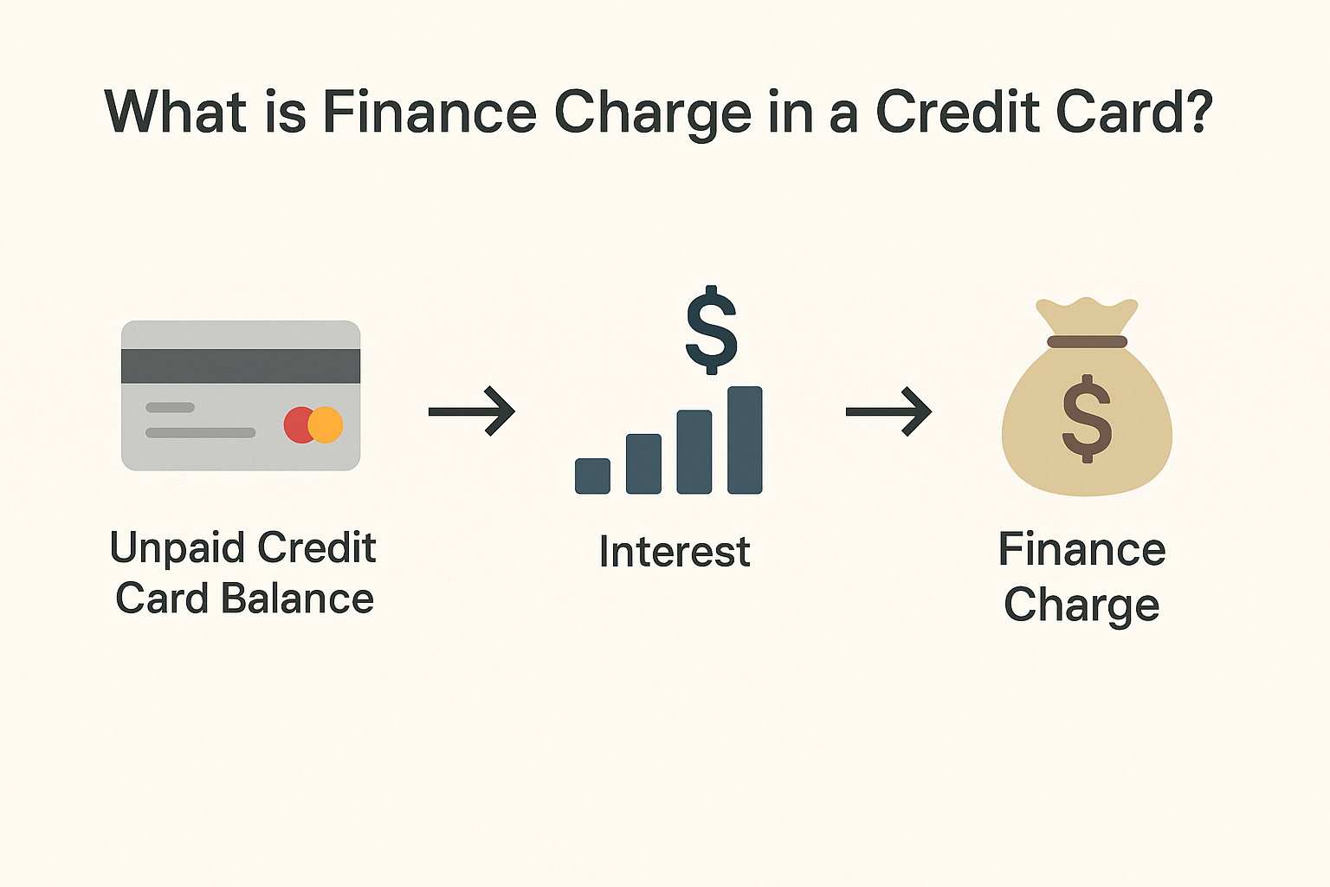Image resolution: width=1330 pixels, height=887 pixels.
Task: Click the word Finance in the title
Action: pyautogui.click(x=429, y=112)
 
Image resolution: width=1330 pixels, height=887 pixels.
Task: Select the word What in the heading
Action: pyautogui.click(x=175, y=112)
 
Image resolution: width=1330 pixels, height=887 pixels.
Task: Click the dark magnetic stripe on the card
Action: pyautogui.click(x=241, y=366)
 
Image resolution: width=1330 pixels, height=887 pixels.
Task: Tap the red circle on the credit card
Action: pyautogui.click(x=297, y=424)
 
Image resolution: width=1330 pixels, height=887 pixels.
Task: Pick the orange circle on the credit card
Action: pyautogui.click(x=326, y=424)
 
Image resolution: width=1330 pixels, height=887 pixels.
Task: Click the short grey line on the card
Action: pyautogui.click(x=170, y=408)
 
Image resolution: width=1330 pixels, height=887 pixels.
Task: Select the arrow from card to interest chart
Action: pyautogui.click(x=471, y=411)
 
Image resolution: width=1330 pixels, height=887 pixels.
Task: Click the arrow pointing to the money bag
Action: pyautogui.click(x=888, y=411)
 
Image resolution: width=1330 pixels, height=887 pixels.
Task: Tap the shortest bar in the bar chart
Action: pyautogui.click(x=592, y=476)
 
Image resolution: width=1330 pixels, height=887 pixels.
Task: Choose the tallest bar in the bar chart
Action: pyautogui.click(x=745, y=440)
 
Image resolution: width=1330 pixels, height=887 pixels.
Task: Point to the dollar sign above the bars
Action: pyautogui.click(x=711, y=330)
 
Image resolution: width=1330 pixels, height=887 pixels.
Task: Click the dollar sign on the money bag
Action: pyautogui.click(x=1087, y=419)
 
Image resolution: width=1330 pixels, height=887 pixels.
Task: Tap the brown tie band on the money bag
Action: pyautogui.click(x=1088, y=341)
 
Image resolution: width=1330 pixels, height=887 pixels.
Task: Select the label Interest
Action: pyautogui.click(x=675, y=552)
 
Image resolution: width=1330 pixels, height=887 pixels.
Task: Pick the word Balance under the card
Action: pyautogui.click(x=298, y=598)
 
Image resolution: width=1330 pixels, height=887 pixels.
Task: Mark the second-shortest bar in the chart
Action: pyautogui.click(x=643, y=464)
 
